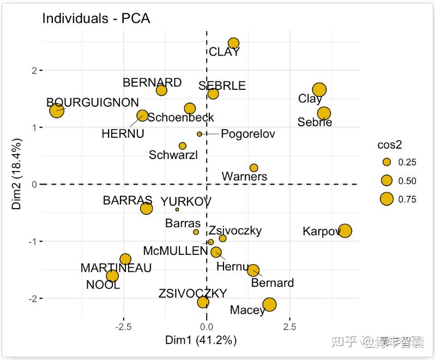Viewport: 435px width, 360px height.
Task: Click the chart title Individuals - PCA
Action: tap(96, 19)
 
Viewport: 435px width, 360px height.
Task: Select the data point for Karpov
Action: tap(345, 231)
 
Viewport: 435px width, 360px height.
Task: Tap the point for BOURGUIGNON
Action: tap(57, 111)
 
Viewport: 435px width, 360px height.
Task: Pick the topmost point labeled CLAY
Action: tap(233, 44)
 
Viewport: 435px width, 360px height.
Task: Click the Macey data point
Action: tap(269, 304)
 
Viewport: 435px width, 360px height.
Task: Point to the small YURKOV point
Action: tap(177, 209)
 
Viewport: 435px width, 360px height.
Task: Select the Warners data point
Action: tap(253, 168)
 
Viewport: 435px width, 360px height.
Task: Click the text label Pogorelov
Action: tap(248, 134)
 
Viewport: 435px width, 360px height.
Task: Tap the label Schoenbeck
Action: tap(181, 118)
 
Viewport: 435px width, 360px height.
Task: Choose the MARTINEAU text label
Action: tap(116, 268)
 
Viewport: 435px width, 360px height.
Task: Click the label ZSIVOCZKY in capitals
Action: tap(192, 294)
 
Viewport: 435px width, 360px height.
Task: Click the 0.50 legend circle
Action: tap(387, 181)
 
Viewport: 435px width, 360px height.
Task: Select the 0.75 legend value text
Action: tap(407, 199)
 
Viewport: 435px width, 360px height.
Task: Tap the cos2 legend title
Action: tap(389, 145)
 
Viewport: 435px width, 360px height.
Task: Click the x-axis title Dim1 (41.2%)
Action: tap(201, 341)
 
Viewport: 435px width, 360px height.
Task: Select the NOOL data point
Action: tap(112, 276)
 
